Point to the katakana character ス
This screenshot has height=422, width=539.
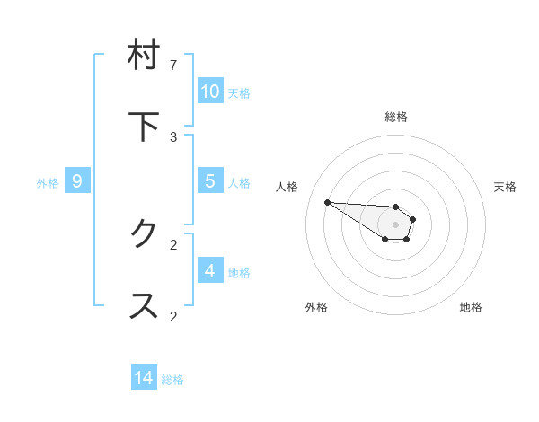144,305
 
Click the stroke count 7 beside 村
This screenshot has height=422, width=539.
173,65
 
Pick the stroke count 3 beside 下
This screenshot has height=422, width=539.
173,136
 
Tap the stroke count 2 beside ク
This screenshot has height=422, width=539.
173,243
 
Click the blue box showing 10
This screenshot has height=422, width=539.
209,91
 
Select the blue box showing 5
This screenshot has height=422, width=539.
209,181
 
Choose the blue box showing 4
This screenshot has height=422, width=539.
209,270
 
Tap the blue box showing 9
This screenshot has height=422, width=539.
77,181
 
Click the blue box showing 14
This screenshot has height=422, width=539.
144,378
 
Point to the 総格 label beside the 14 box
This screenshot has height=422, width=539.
172,380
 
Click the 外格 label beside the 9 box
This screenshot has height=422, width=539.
48,182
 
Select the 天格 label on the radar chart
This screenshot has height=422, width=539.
505,187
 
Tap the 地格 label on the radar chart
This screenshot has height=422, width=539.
471,307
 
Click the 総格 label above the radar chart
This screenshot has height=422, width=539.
396,117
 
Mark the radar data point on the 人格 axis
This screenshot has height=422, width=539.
327,202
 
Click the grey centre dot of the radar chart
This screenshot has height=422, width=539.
395,224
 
